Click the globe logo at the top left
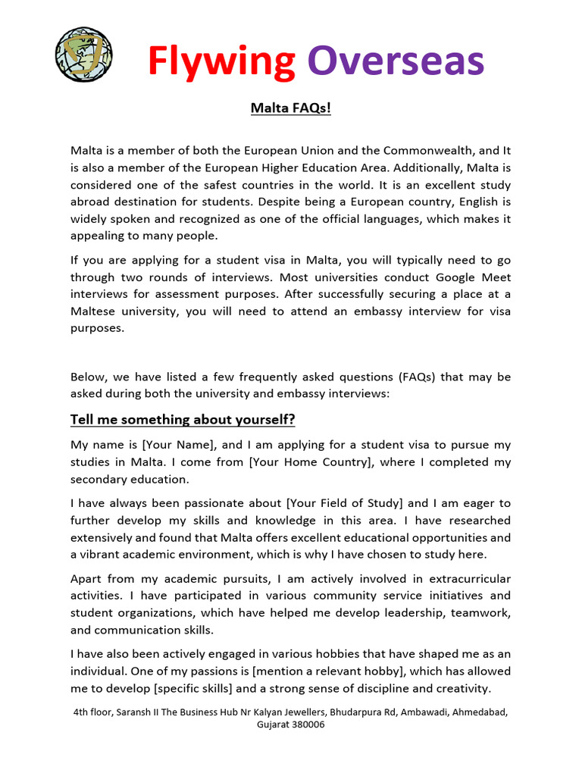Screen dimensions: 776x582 coord(83,55)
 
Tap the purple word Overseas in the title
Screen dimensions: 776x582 coord(396,61)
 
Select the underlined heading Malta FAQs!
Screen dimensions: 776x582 coord(291,108)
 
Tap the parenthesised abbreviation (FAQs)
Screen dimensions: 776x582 coord(414,377)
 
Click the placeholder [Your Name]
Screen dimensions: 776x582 coord(180,445)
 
